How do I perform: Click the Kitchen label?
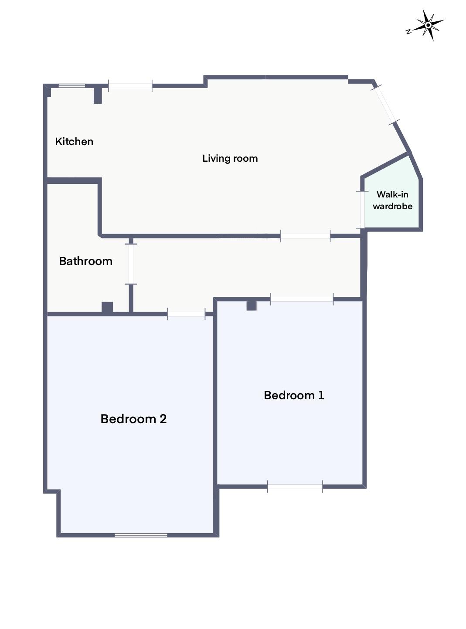coord(74,141)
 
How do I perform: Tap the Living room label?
coord(230,158)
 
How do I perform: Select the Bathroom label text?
coord(85,261)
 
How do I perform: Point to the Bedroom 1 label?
coord(294,395)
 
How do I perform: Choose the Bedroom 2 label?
coord(133,419)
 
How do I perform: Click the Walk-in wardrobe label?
coord(392,200)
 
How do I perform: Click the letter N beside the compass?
coord(408,31)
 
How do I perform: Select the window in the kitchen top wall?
coord(72,85)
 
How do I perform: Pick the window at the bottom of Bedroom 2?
coord(141,535)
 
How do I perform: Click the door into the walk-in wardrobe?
coord(361,210)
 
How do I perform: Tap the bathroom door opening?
coord(131,264)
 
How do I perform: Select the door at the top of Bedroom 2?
coord(186,314)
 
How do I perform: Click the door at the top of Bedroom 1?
coord(302,299)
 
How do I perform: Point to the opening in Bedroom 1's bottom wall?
coord(295,486)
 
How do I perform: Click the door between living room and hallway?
coord(305,236)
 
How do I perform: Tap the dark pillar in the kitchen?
coord(98,95)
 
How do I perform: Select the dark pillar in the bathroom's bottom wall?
coord(107,307)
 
